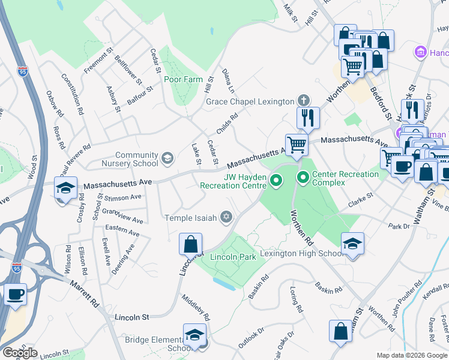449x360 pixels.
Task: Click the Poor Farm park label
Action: point(183,80)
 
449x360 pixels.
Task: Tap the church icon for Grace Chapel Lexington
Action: point(304,101)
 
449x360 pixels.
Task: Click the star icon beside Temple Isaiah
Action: point(226,217)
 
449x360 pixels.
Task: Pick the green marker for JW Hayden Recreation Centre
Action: point(276,179)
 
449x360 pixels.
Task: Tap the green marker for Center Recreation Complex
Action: point(303,178)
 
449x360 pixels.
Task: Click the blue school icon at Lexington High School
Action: point(352,243)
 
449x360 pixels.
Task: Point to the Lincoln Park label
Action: point(234,257)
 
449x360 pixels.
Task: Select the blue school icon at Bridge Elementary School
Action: point(194,335)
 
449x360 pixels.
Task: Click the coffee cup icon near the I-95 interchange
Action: point(16,295)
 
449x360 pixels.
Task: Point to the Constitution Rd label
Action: point(71,95)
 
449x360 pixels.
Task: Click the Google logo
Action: point(20,353)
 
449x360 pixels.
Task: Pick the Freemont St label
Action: point(99,61)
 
